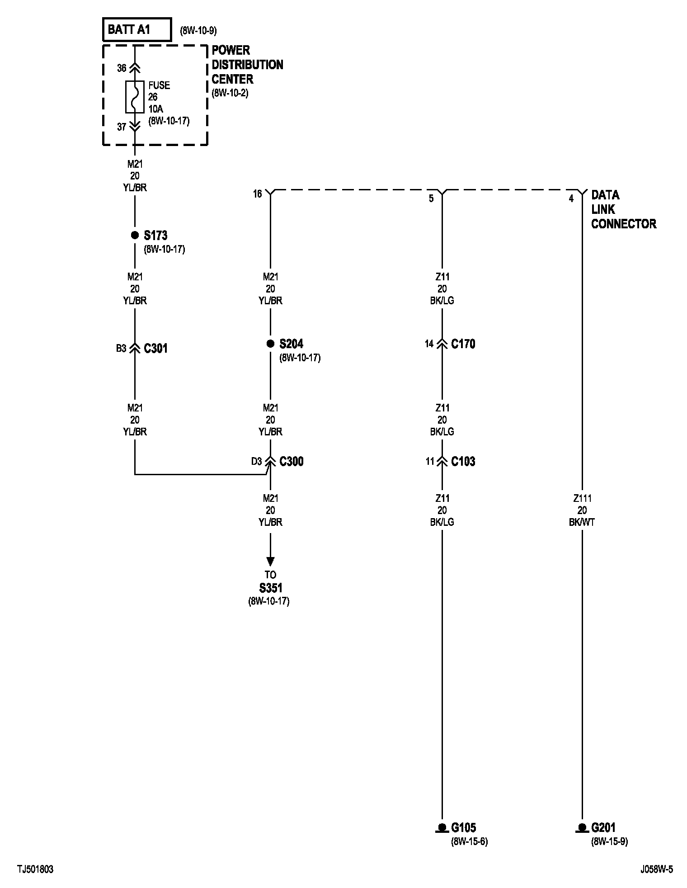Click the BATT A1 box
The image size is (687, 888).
tap(137, 30)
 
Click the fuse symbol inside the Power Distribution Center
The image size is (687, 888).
tap(135, 97)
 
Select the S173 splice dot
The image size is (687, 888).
tap(135, 235)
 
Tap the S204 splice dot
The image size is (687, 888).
tap(270, 344)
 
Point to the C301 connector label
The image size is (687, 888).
tap(155, 348)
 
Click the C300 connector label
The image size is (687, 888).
tap(291, 461)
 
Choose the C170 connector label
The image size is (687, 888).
tap(463, 344)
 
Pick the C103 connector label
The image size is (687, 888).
tap(463, 461)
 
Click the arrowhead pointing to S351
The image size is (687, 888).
tap(270, 561)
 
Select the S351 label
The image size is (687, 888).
tap(270, 588)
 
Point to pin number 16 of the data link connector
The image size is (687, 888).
tap(257, 194)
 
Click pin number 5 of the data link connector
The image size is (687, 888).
tap(431, 198)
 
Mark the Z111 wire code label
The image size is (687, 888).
tap(582, 498)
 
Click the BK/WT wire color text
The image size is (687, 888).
tap(582, 522)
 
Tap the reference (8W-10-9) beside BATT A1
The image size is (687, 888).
tap(198, 31)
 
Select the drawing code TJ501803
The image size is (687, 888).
tap(36, 869)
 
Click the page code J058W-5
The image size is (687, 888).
tap(656, 869)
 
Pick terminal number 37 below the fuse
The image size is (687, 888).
tap(122, 127)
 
